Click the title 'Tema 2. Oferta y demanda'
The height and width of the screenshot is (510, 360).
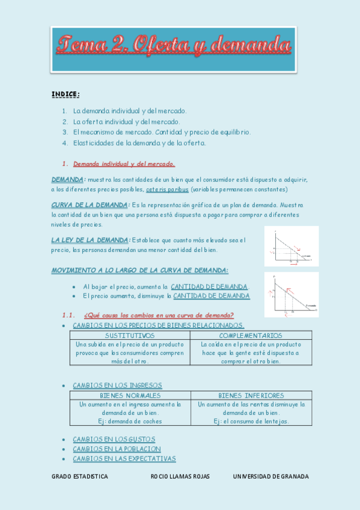tap(174, 45)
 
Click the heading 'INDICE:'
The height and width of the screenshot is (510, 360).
tap(66, 94)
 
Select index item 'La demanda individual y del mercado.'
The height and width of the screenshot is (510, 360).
tap(130, 111)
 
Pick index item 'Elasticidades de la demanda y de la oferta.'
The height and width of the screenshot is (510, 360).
tap(139, 143)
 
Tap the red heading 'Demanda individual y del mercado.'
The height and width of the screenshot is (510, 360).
tap(124, 164)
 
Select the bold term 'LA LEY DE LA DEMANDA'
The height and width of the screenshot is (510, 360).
tap(90, 240)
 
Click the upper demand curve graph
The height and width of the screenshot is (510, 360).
tap(291, 246)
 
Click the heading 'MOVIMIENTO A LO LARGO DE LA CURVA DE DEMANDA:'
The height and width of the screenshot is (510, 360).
tap(140, 271)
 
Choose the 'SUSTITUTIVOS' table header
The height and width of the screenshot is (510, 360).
tap(130, 336)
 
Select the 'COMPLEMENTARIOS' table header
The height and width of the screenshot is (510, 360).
tap(251, 336)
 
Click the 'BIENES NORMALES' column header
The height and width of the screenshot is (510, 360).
tap(130, 396)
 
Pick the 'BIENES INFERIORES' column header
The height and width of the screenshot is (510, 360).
tap(251, 396)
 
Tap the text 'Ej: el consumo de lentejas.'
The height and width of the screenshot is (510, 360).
tap(251, 422)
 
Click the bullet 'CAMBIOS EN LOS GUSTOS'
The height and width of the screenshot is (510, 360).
tap(114, 439)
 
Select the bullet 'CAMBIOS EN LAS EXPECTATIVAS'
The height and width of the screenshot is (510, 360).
tap(124, 459)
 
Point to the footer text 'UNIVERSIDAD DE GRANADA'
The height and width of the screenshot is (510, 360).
tap(270, 476)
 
